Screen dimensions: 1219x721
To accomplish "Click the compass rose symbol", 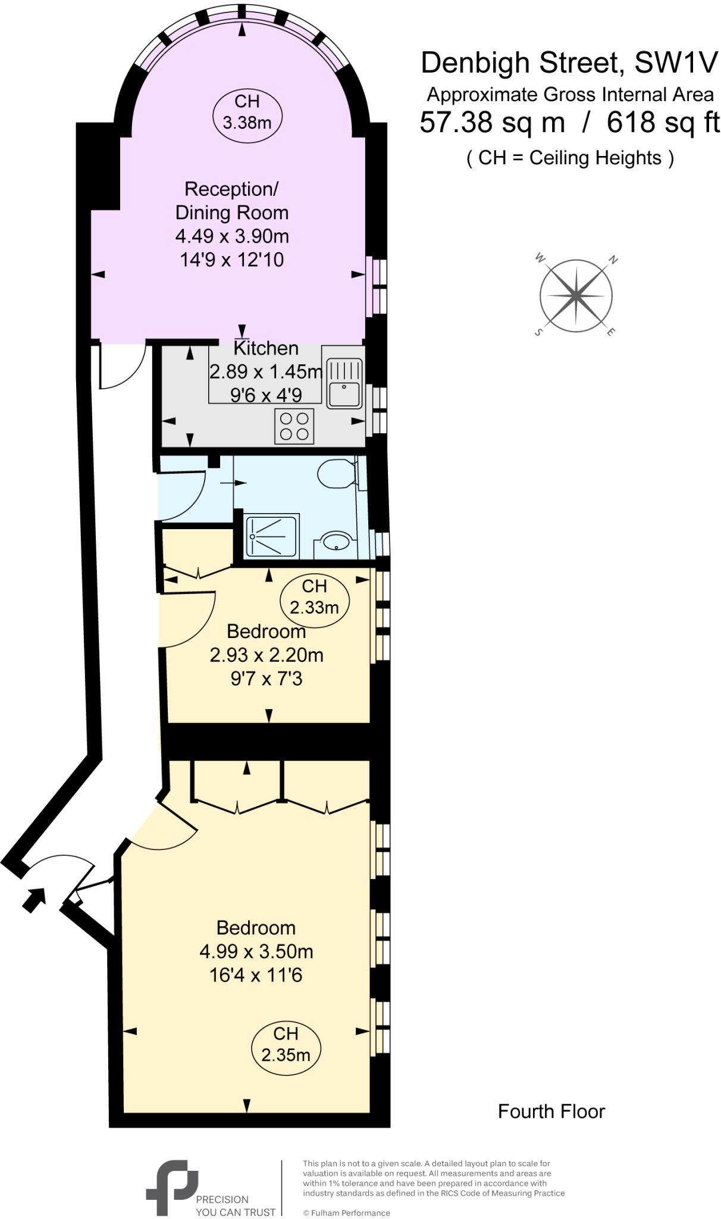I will (x=576, y=296).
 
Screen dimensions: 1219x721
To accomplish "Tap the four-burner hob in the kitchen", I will (x=294, y=426).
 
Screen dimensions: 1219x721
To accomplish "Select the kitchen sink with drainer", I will (x=344, y=384).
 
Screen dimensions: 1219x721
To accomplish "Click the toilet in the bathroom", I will (x=336, y=474).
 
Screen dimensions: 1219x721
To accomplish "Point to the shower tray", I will (x=272, y=536).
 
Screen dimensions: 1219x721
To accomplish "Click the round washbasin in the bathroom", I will (x=336, y=542).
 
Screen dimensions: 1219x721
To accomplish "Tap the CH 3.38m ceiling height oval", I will (x=247, y=113).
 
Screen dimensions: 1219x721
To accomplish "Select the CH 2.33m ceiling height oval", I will (x=314, y=598).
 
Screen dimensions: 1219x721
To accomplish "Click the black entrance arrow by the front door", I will (x=35, y=899).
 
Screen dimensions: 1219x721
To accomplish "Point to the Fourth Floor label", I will (x=551, y=1112).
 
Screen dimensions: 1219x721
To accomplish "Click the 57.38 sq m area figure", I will (x=492, y=123).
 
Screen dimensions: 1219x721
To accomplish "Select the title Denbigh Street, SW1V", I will (x=569, y=63).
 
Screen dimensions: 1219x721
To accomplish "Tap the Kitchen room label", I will (x=266, y=348).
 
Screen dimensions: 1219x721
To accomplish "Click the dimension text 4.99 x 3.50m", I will (x=256, y=952).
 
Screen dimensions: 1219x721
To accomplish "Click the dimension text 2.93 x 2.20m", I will (x=266, y=655).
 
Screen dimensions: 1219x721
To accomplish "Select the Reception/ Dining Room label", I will (x=231, y=201).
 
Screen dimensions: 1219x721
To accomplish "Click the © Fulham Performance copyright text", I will (x=346, y=1212).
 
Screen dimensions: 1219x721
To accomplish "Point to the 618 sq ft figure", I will (x=663, y=123).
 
